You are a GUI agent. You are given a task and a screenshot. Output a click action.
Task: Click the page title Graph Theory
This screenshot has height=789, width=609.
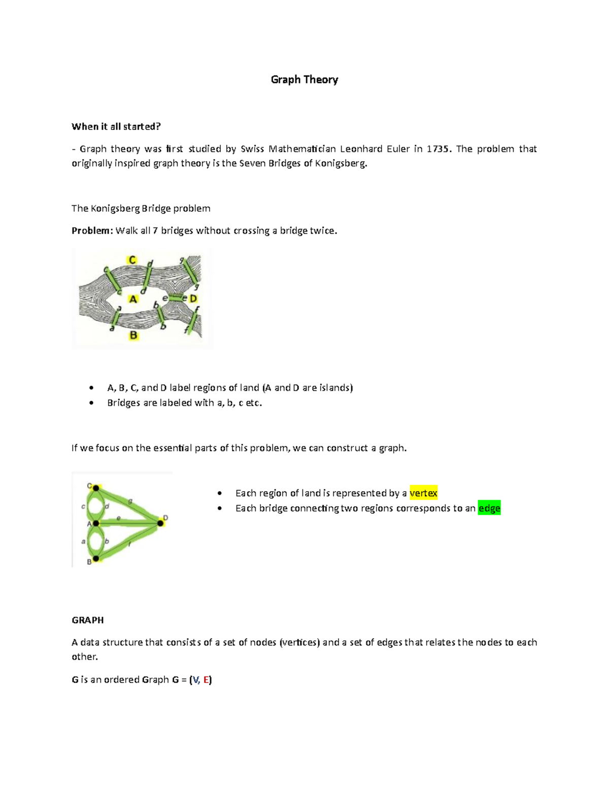click(304, 79)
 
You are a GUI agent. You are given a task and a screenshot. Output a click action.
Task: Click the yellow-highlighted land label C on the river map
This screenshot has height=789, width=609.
click(132, 260)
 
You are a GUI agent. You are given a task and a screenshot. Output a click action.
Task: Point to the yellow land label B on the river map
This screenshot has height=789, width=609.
click(133, 335)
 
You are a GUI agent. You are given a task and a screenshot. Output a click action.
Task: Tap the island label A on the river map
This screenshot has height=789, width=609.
click(133, 299)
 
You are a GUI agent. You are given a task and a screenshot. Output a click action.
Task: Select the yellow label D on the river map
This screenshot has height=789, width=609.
click(193, 299)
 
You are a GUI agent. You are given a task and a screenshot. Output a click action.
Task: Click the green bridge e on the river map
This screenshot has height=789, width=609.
click(175, 299)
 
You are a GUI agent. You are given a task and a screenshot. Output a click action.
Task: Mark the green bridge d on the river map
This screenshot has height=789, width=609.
click(147, 277)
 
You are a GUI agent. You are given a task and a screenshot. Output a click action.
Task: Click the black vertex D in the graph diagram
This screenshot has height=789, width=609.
click(160, 523)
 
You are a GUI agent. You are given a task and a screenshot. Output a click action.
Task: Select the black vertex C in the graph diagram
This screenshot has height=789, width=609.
click(96, 488)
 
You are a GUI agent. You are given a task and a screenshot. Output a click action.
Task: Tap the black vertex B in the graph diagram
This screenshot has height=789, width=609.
click(95, 559)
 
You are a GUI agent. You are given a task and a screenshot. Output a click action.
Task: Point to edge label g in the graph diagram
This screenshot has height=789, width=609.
click(130, 501)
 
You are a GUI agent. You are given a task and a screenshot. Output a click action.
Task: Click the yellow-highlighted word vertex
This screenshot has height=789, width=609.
click(423, 493)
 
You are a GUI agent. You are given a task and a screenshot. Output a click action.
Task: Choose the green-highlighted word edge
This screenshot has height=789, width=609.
click(489, 508)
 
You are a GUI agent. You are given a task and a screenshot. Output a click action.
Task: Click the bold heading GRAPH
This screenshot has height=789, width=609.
click(88, 620)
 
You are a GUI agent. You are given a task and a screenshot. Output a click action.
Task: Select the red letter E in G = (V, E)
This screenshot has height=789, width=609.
click(207, 679)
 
